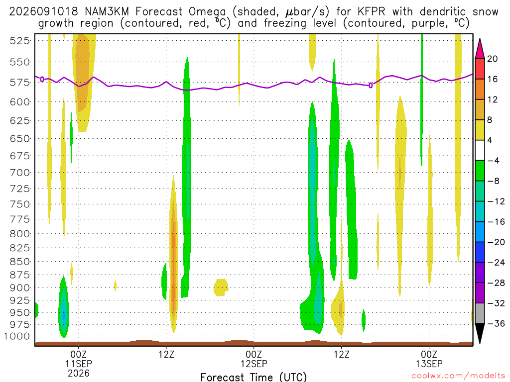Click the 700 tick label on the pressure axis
coord(20,173)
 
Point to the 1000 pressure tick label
coord(17,336)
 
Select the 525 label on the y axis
coord(20,41)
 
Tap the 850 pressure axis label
coord(20,262)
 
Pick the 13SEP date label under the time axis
coord(429,364)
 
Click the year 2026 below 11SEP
coord(79,373)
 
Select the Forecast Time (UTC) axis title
coord(254,377)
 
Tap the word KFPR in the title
coord(371,12)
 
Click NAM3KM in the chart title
coord(107,12)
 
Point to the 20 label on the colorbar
coord(492,59)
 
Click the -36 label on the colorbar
coord(496,323)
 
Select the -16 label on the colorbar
coord(496,222)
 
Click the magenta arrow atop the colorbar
coord(480,49)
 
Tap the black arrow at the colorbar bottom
coord(480,333)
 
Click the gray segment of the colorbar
coord(480,313)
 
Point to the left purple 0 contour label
coord(42,79)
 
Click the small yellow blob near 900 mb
coord(221,287)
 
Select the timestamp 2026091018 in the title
coord(43,12)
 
